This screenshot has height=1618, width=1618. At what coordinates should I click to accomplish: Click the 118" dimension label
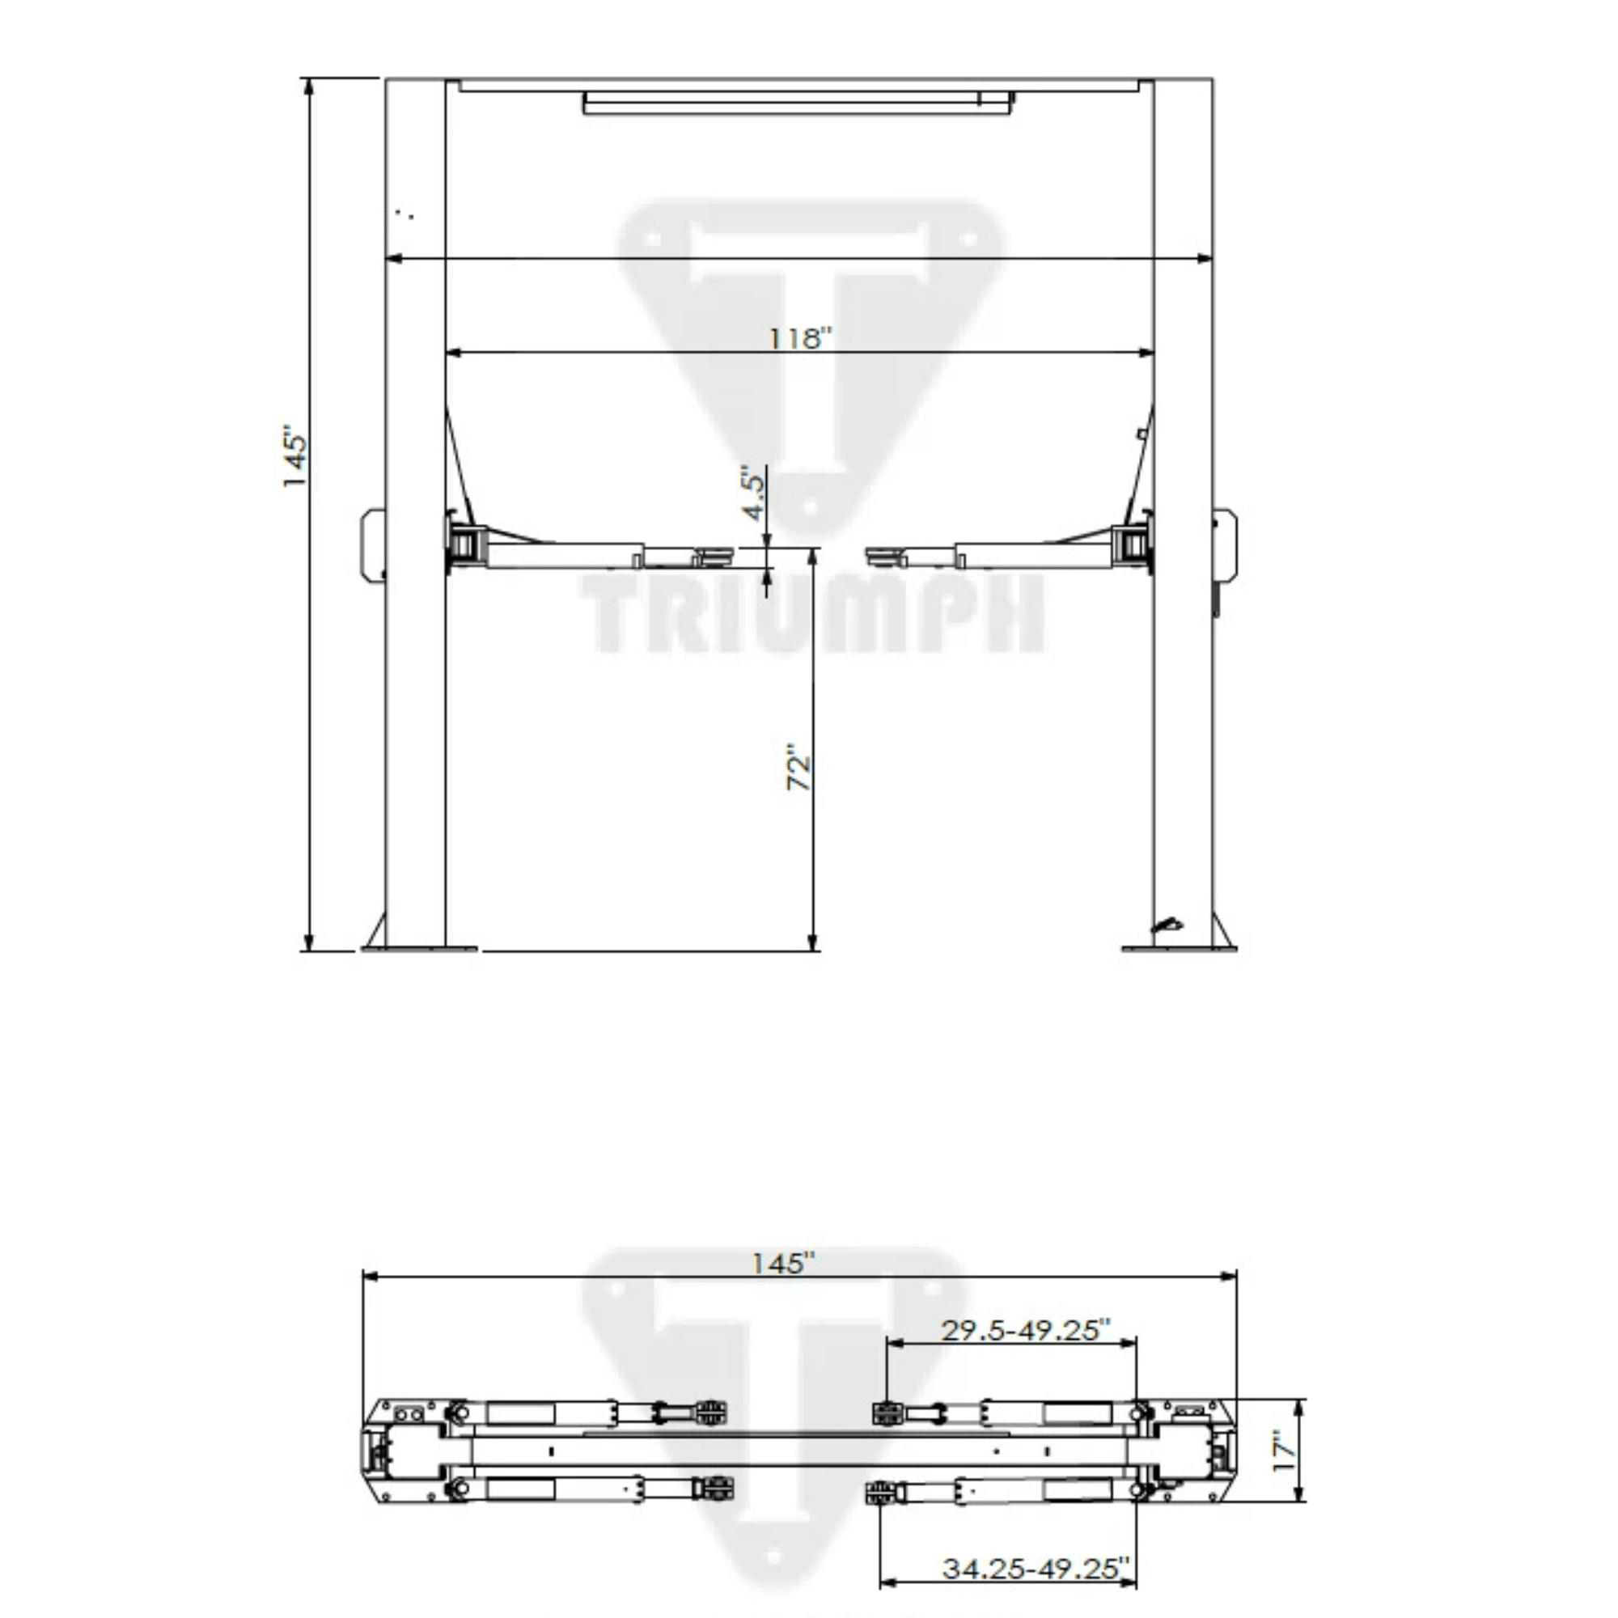802,338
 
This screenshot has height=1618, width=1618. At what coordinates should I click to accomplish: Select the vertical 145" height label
294,458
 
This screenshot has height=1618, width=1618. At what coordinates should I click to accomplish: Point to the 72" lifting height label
799,766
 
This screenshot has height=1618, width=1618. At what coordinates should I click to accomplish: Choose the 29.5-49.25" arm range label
1026,1330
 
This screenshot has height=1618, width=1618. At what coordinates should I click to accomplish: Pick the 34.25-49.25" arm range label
1036,1568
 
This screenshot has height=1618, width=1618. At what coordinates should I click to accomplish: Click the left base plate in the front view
420,949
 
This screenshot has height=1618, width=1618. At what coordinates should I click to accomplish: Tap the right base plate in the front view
1180,949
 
